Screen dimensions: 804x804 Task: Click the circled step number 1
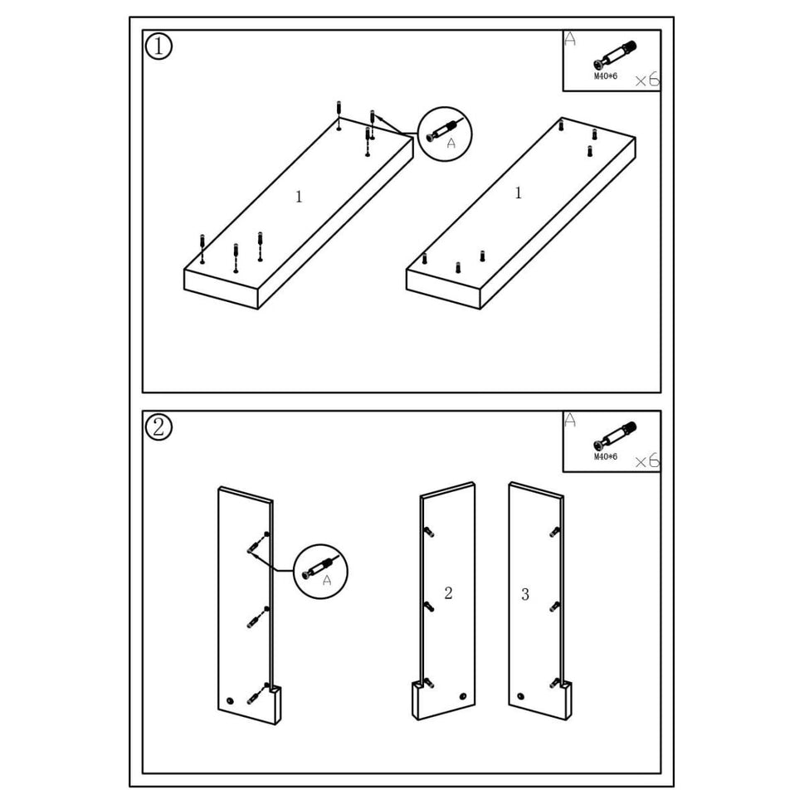tap(158, 46)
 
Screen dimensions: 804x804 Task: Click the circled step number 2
tap(158, 427)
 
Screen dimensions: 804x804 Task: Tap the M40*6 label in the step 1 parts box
tap(606, 76)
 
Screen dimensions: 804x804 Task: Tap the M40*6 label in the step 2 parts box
tap(606, 456)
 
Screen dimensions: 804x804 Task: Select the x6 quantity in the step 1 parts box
tap(647, 80)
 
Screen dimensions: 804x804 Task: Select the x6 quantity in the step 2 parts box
tap(647, 460)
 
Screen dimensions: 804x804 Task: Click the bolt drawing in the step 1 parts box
tap(615, 56)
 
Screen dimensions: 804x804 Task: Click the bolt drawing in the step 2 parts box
tap(615, 436)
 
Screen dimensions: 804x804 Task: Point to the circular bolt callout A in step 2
tap(321, 572)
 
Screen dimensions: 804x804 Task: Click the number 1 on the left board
tap(299, 197)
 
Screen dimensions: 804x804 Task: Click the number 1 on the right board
tap(519, 193)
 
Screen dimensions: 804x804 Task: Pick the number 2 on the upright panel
tap(448, 592)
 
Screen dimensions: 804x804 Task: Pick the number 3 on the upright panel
tap(524, 594)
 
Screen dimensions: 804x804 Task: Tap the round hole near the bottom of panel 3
tap(521, 696)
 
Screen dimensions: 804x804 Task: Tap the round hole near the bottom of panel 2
tap(462, 696)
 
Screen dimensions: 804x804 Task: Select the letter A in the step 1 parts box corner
tap(570, 38)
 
